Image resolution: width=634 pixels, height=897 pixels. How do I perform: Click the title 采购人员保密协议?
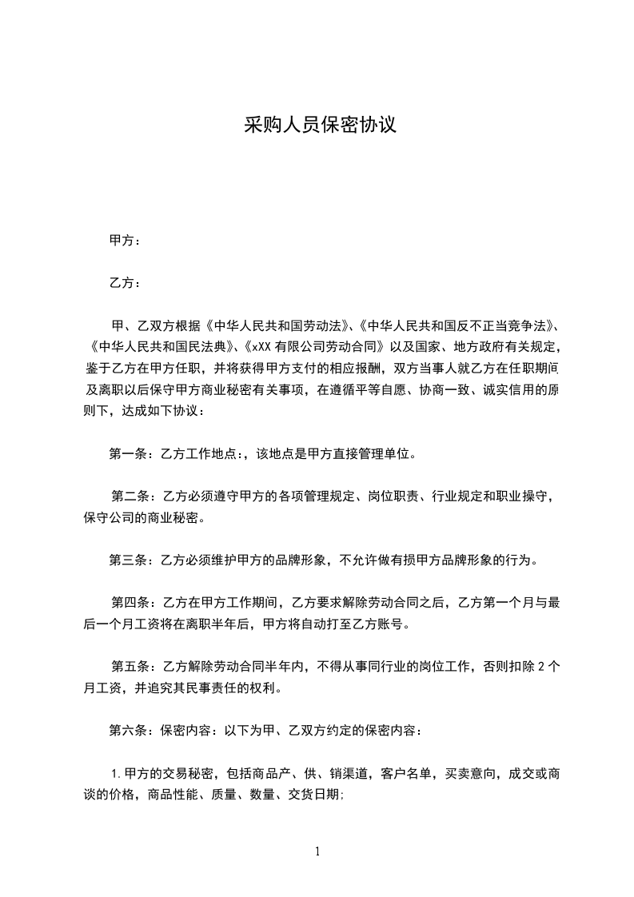click(320, 126)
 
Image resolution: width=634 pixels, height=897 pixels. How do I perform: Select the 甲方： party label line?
click(125, 240)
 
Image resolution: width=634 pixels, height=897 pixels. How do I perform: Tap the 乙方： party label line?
click(125, 283)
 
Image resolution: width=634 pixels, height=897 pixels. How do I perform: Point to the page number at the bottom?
click(317, 852)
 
